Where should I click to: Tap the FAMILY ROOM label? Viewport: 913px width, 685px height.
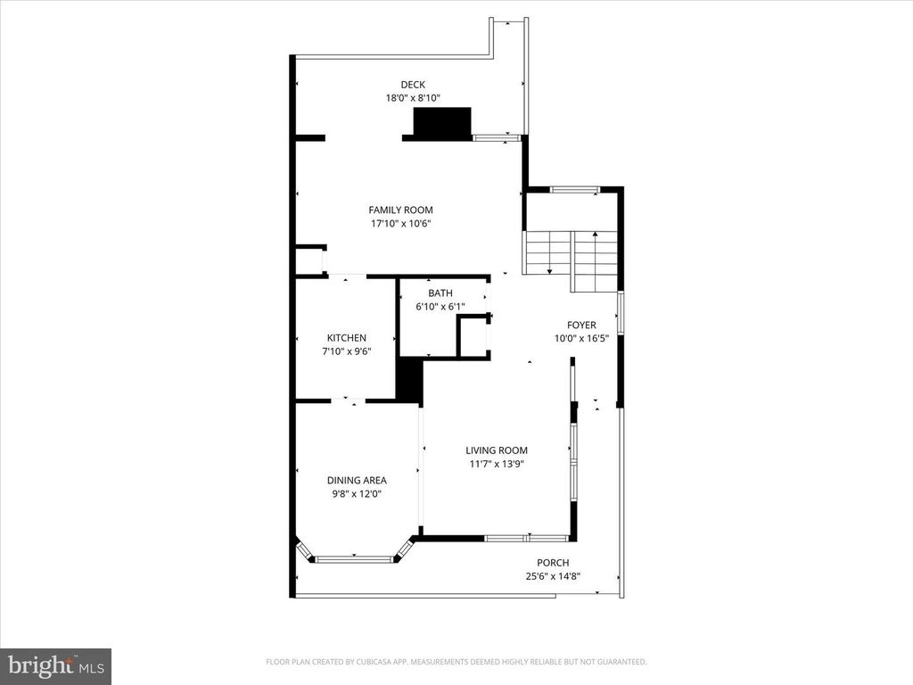click(400, 210)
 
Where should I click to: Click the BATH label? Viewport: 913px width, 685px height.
click(440, 293)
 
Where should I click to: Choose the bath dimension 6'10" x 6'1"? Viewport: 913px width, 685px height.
click(440, 307)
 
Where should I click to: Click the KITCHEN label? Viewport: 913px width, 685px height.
click(346, 338)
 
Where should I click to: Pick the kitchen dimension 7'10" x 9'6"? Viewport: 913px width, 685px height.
click(346, 351)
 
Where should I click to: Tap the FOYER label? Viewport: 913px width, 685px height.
click(581, 325)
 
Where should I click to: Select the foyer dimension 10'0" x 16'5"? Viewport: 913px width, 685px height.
click(581, 338)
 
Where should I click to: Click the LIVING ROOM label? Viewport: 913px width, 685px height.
click(497, 450)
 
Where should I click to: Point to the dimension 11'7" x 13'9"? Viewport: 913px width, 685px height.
click(497, 464)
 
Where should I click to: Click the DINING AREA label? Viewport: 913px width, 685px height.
click(355, 480)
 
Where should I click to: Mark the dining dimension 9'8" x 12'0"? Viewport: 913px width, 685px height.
click(355, 493)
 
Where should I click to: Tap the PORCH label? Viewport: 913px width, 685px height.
click(553, 563)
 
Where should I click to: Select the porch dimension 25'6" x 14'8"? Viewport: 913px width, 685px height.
click(553, 576)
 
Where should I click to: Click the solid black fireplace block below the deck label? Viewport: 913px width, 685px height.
click(440, 123)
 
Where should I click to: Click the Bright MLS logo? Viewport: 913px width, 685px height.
click(55, 665)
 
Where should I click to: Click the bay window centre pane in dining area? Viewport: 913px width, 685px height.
click(355, 559)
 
